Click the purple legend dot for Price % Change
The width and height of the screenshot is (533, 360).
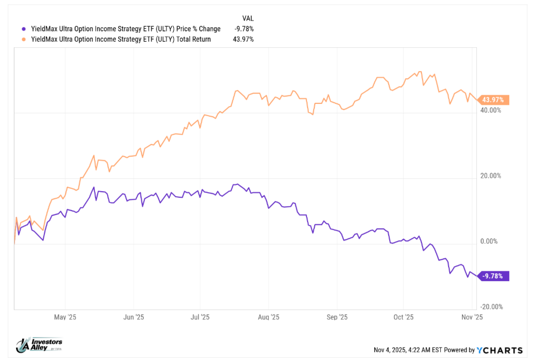coord(23,29)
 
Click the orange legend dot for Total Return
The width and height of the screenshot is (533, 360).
coord(23,39)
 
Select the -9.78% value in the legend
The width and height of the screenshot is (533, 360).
coord(244,29)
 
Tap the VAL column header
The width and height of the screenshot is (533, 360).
coord(248,18)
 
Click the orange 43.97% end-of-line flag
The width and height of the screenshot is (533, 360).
coord(494,100)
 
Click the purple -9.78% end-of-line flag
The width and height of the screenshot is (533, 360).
coord(493,276)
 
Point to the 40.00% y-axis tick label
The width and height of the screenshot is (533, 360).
coord(490,111)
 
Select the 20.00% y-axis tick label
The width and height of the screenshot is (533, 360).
coord(490,176)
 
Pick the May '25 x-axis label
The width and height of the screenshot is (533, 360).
coord(66,317)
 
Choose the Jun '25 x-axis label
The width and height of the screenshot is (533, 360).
coord(133,317)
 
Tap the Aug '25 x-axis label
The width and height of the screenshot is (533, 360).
coord(268,317)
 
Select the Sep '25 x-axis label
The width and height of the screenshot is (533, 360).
coord(337,317)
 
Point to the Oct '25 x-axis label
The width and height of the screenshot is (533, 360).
coord(404,317)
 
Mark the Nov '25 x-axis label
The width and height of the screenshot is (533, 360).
coord(471,317)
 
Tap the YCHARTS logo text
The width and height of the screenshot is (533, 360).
coord(500,350)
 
